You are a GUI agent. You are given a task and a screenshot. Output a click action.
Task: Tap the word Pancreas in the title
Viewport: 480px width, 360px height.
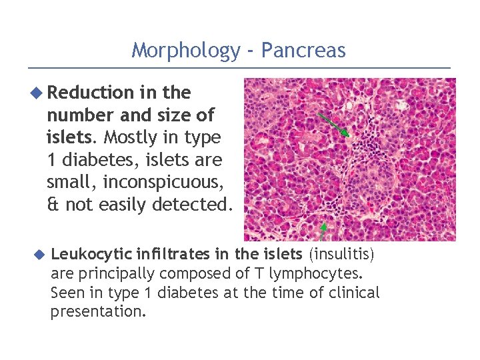point(303,50)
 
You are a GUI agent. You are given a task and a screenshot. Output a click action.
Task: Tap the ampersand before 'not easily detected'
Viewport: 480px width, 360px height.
point(53,205)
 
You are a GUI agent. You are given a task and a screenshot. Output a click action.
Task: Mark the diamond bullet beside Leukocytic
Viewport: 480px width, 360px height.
point(39,253)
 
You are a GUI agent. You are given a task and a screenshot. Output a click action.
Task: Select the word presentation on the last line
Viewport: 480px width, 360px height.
point(96,312)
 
